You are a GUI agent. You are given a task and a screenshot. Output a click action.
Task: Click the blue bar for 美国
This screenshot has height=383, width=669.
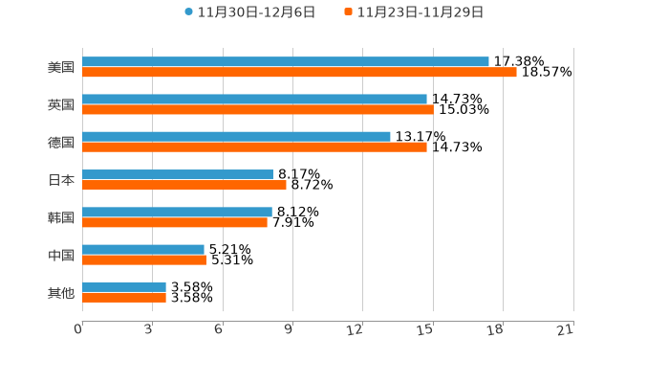(x=285, y=61)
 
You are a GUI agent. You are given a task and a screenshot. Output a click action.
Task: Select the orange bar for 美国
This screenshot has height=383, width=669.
(x=299, y=72)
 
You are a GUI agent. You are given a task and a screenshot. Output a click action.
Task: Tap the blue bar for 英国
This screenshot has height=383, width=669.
(x=254, y=99)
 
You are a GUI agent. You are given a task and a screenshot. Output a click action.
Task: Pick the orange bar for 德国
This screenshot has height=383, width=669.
(x=254, y=147)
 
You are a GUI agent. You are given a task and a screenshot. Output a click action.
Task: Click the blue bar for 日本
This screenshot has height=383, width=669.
(x=178, y=174)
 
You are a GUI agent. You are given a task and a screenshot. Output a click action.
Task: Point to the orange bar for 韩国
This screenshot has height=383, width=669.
(x=175, y=223)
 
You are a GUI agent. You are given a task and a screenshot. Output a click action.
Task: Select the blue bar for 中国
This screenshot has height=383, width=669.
(x=143, y=249)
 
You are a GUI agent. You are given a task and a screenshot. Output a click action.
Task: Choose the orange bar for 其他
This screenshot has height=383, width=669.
(x=124, y=298)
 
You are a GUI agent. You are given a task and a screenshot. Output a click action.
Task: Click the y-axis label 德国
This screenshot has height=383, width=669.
(x=61, y=143)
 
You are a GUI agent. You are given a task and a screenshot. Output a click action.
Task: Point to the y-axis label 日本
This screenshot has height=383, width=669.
(x=61, y=180)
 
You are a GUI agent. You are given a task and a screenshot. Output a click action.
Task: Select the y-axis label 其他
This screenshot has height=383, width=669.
(x=61, y=293)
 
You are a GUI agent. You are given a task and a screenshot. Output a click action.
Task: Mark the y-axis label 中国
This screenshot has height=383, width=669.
(x=61, y=256)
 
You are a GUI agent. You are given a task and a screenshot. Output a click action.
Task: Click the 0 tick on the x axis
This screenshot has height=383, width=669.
(x=79, y=330)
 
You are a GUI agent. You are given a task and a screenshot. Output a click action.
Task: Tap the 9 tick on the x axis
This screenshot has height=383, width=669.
(x=290, y=330)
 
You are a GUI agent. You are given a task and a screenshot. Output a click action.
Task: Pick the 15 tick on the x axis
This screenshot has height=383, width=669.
(x=426, y=330)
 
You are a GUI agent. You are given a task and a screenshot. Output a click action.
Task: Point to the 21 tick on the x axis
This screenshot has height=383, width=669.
(x=566, y=330)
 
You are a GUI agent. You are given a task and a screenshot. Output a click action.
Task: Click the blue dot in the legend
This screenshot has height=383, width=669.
(x=189, y=12)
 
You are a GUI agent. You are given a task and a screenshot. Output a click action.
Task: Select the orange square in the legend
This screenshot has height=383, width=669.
(x=349, y=12)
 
